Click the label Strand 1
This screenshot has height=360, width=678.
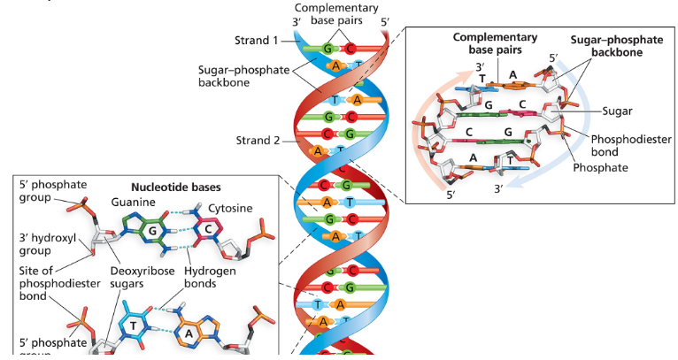tap(257, 40)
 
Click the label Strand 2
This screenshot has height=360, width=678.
tap(257, 140)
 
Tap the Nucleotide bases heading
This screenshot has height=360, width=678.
tap(175, 188)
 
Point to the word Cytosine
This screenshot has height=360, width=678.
tap(231, 208)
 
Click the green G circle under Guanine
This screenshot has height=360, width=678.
tap(152, 230)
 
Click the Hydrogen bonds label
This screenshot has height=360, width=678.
tap(210, 277)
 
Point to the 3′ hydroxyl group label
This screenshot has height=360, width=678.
tap(42, 243)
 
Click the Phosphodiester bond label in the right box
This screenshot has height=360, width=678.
tap(631, 145)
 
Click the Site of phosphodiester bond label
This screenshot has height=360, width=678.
tap(52, 284)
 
